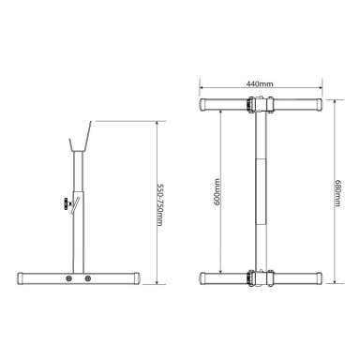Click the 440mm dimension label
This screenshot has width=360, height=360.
click(260, 83)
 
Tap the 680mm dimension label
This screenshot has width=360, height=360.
click(337, 193)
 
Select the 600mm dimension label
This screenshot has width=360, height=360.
click(217, 192)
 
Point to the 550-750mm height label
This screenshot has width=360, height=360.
click(159, 205)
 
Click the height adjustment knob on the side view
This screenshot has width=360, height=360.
click(66, 203)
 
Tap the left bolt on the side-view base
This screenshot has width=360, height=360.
click(68, 278)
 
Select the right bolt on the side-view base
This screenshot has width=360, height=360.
click(88, 278)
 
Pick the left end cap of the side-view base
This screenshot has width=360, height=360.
click(21, 278)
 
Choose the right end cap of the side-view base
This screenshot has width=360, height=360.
click(137, 278)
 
